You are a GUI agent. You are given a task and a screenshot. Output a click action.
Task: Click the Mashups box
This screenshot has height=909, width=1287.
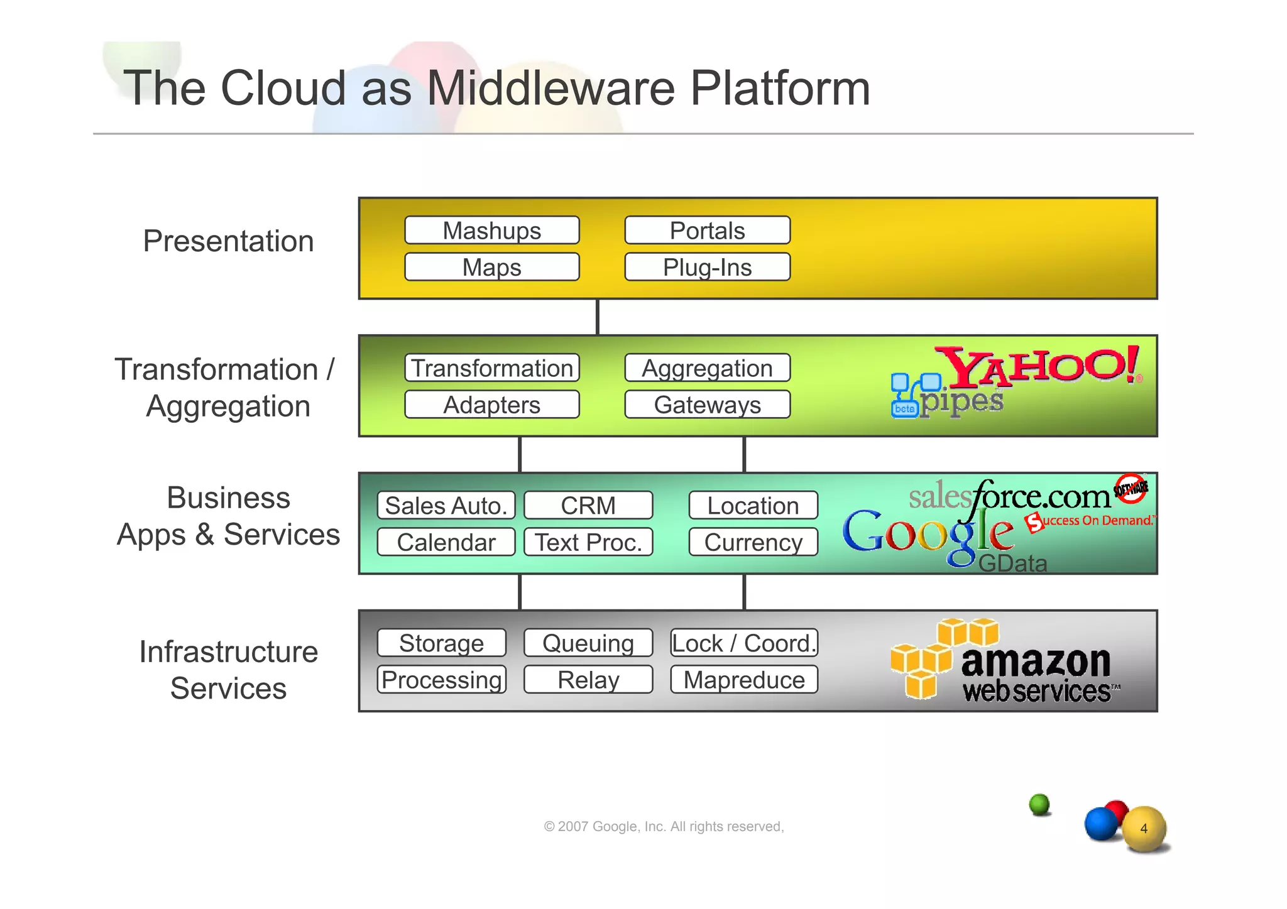tap(491, 231)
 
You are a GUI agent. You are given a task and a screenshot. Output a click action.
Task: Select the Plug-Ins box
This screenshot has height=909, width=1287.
tap(707, 267)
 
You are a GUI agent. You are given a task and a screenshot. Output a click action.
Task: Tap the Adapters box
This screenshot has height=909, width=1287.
tap(491, 405)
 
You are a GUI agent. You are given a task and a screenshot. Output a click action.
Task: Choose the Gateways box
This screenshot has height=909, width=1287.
tap(707, 405)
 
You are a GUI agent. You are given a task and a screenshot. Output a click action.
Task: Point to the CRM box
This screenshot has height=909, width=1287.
tap(588, 505)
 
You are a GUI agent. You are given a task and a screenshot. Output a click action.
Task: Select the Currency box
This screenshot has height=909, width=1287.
tap(753, 542)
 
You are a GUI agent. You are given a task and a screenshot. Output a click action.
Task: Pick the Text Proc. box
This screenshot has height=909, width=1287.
tap(588, 542)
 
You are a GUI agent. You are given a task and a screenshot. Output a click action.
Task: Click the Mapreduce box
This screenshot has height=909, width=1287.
tap(744, 680)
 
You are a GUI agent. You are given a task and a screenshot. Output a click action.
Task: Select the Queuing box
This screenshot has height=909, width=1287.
tap(588, 643)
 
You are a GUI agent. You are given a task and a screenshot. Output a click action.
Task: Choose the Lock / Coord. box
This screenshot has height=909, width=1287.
tap(744, 643)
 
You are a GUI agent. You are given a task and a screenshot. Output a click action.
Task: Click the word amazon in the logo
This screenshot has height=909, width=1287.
tap(1036, 661)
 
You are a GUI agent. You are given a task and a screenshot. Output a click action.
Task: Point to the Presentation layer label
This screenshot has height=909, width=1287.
tap(228, 241)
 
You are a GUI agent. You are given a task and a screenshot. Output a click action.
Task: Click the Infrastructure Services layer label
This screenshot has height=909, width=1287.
tap(228, 670)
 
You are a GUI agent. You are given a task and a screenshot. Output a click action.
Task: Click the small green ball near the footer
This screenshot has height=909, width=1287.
tap(1040, 804)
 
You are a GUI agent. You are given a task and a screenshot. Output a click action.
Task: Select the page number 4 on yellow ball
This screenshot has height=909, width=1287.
tap(1144, 829)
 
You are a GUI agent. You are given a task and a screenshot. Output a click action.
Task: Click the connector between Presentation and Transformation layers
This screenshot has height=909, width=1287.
tap(597, 317)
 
